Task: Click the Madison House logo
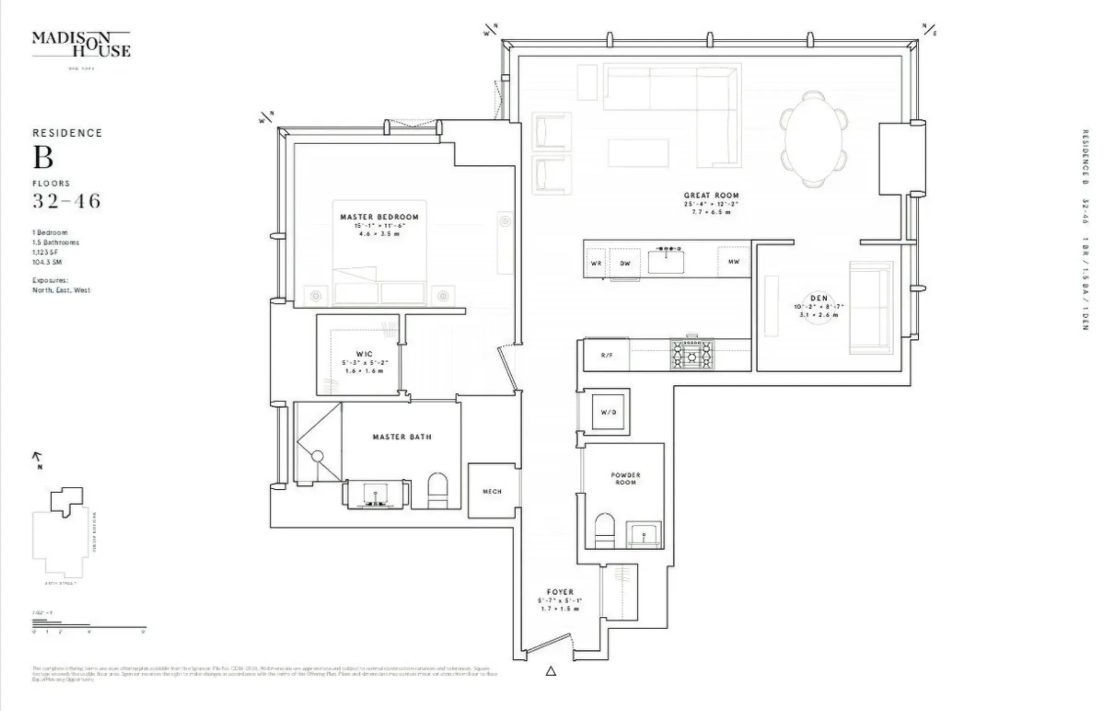81,45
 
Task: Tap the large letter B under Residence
43,158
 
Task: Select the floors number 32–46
66,201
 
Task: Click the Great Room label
711,195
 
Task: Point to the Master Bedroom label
379,217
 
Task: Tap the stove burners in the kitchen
692,355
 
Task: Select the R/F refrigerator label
607,355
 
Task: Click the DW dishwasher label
625,263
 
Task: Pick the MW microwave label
734,261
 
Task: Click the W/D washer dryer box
608,412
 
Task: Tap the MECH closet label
492,491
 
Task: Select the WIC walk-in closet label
364,354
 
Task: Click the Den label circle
818,306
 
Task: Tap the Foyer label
560,592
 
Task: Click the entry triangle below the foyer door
551,671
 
